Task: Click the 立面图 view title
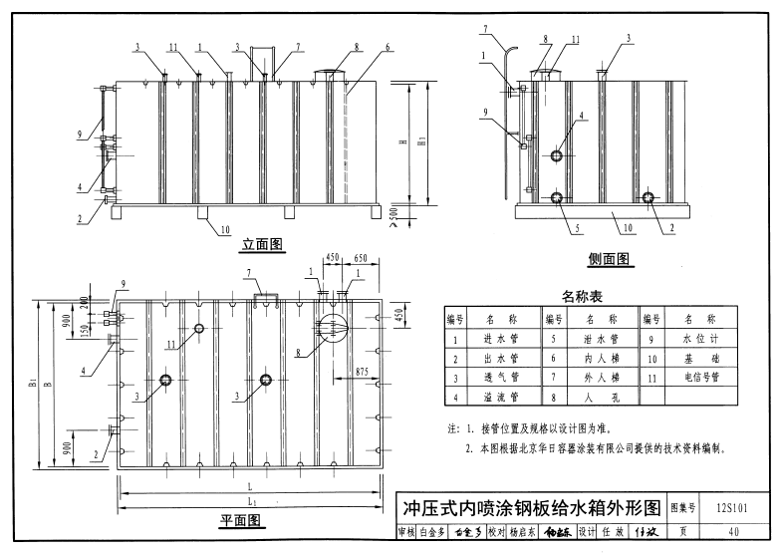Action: point(264,243)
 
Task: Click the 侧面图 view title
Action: point(609,259)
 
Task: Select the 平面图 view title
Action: point(240,521)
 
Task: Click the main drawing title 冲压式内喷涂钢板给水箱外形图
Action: point(529,507)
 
